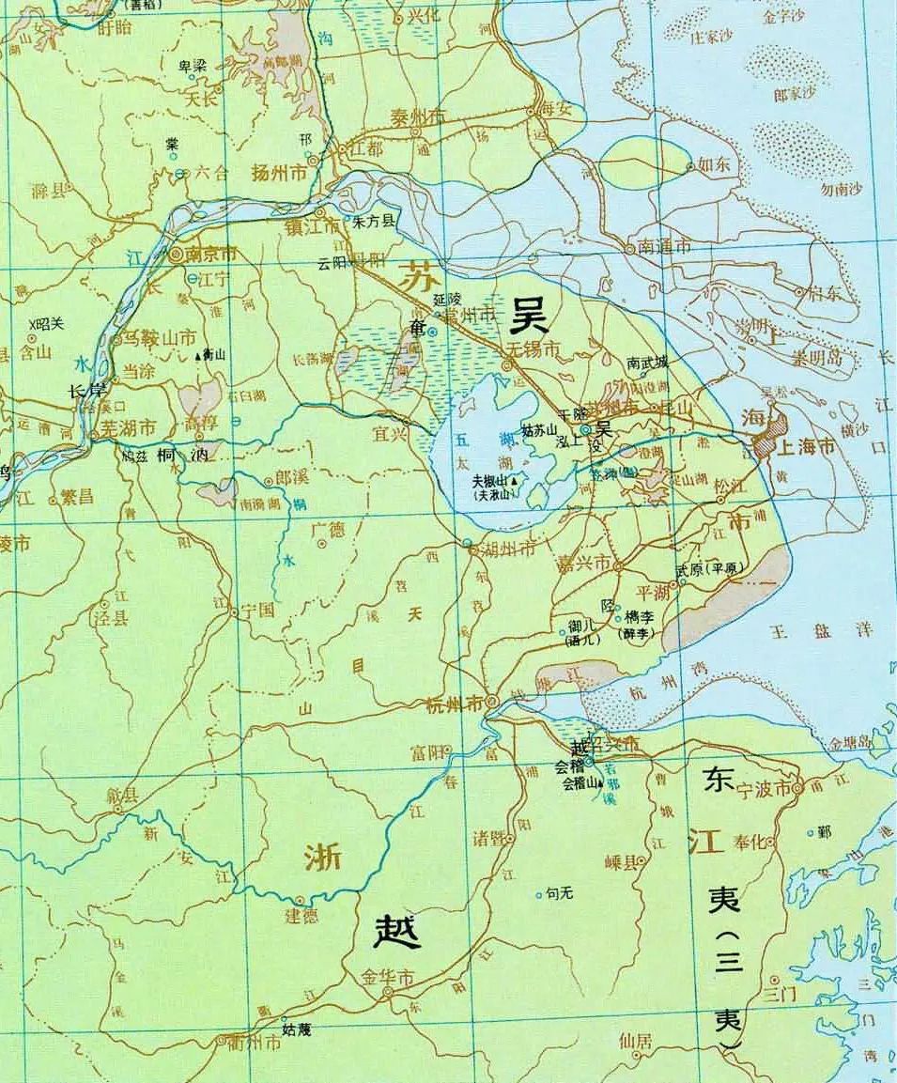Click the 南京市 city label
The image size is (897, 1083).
click(x=210, y=254)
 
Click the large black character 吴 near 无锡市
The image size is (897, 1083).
click(x=528, y=317)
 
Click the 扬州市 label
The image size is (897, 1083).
click(x=279, y=174)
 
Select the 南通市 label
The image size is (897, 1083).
click(x=664, y=247)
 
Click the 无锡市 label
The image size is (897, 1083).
click(x=533, y=349)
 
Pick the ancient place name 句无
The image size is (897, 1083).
click(x=559, y=894)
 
